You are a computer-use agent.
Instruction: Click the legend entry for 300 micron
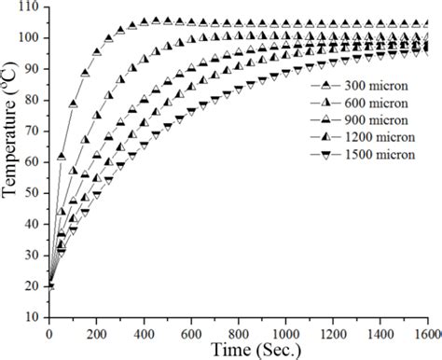(360, 83)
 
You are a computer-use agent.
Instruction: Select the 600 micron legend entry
(360, 100)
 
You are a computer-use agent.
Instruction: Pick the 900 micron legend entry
(360, 117)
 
